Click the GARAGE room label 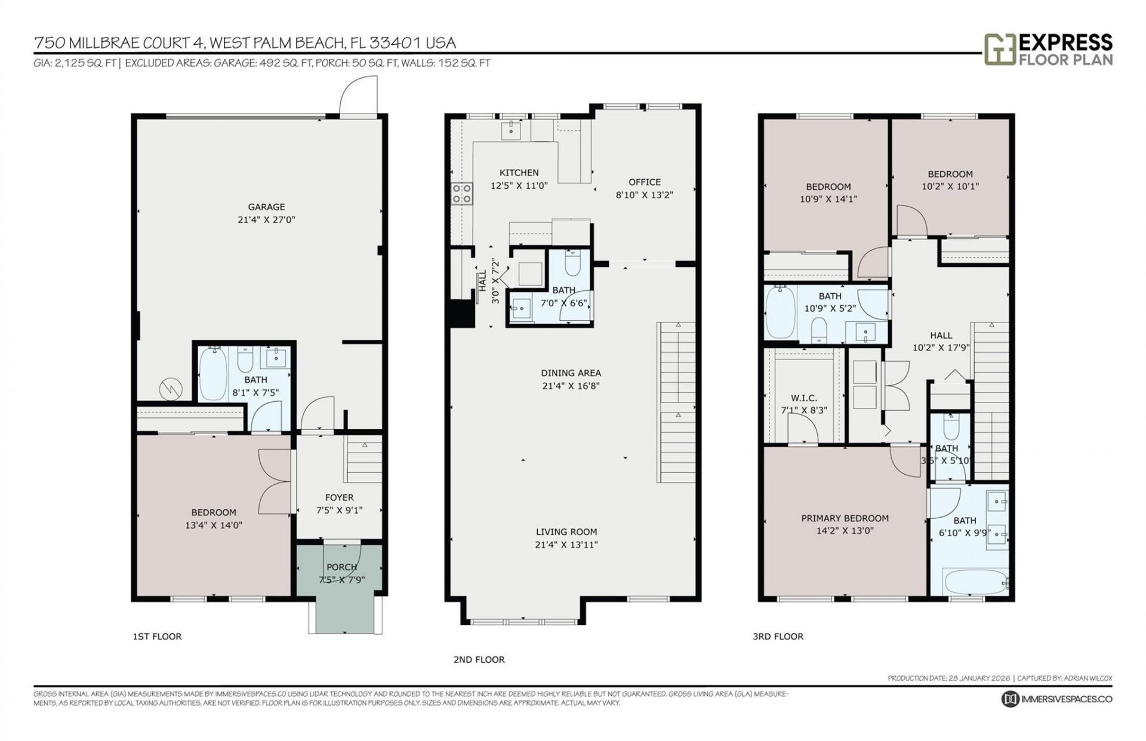click(266, 207)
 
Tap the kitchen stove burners click(461, 193)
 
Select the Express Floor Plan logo click(1048, 49)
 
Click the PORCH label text click(341, 567)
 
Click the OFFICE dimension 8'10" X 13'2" click(644, 195)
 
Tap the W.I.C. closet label click(803, 398)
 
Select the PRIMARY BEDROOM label click(845, 518)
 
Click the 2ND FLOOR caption click(479, 659)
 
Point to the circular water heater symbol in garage click(170, 389)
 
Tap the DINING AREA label click(571, 373)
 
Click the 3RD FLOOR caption click(778, 637)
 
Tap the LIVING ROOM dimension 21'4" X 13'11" click(566, 545)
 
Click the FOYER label click(339, 497)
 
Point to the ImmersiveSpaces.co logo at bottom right click(1056, 699)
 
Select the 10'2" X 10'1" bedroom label click(950, 174)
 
